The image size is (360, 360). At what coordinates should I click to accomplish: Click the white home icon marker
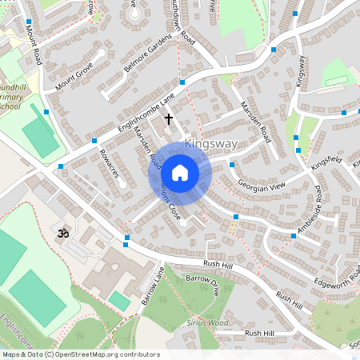click(179, 173)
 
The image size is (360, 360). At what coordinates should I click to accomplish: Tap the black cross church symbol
click(168, 118)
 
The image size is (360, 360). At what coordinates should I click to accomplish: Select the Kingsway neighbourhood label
click(210, 144)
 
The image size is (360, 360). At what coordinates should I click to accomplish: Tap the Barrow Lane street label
click(152, 286)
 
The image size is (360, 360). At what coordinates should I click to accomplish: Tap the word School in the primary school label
click(10, 106)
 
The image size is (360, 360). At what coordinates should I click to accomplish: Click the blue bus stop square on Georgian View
click(231, 165)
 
